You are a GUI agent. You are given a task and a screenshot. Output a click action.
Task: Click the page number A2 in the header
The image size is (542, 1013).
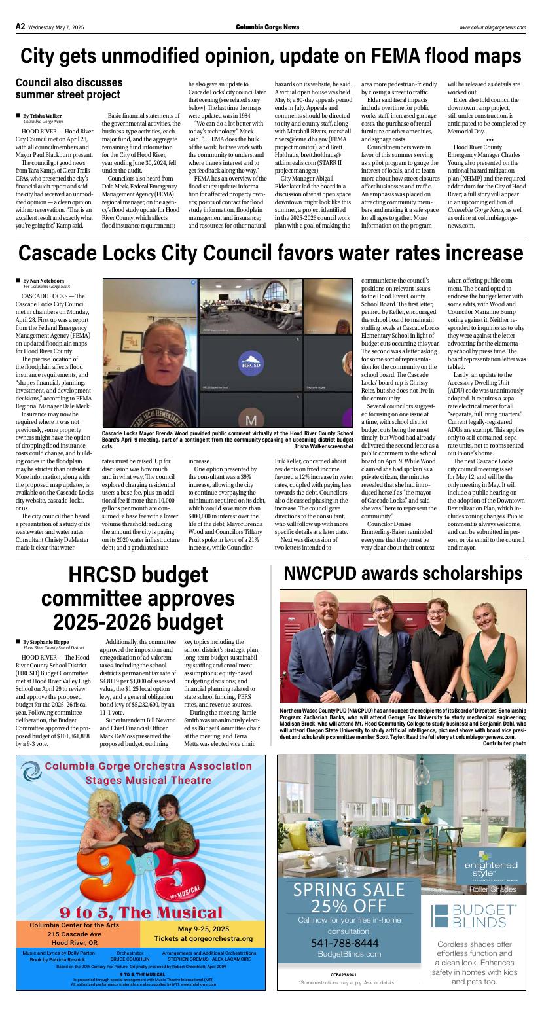(20, 27)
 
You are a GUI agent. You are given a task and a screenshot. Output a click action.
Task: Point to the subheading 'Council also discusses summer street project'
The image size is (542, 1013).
(69, 88)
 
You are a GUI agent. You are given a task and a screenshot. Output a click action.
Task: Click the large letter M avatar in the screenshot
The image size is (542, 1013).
(251, 419)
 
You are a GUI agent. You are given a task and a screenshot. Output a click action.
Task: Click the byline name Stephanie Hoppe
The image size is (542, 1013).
(50, 642)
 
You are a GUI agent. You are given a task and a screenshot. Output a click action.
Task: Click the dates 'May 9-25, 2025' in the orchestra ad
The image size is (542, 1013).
(203, 928)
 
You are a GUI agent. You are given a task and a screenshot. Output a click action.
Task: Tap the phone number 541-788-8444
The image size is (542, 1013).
(344, 942)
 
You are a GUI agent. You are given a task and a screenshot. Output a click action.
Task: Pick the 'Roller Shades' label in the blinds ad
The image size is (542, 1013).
(493, 889)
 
